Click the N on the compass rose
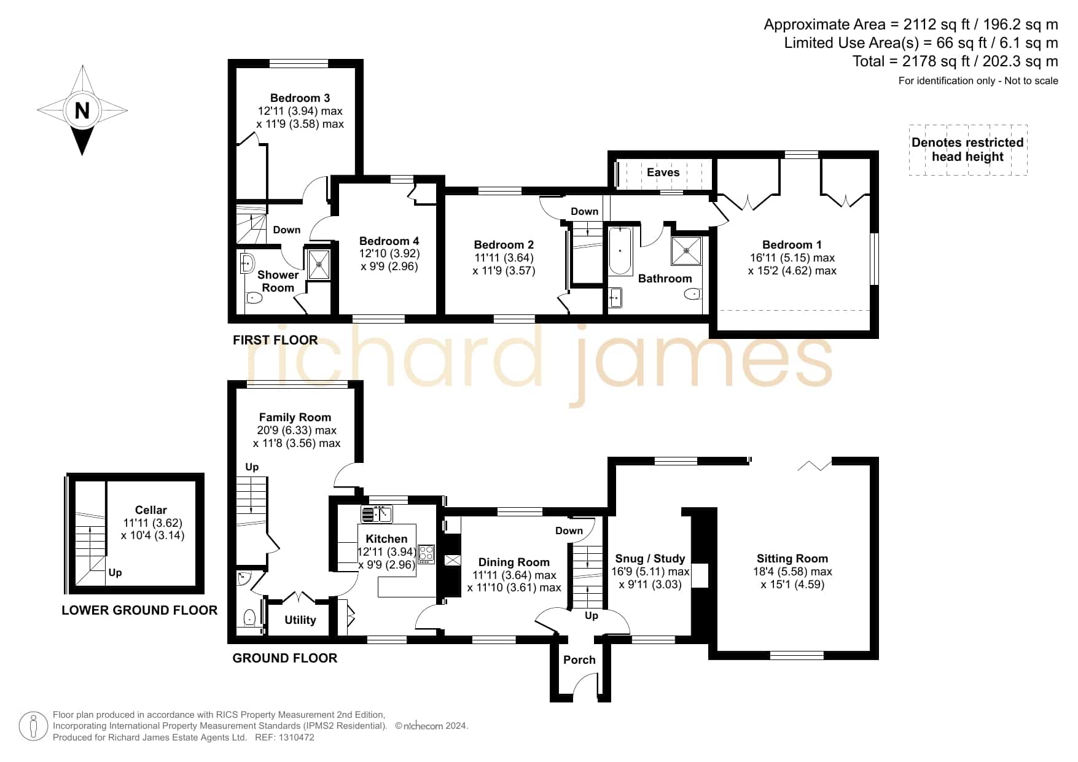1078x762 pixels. click(82, 111)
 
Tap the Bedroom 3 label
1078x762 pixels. click(300, 98)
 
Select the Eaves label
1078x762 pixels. click(663, 173)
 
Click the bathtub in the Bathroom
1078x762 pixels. click(620, 251)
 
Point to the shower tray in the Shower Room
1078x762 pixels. click(318, 264)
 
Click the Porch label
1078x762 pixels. click(579, 660)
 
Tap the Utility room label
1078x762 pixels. click(300, 620)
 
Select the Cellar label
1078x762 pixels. click(150, 510)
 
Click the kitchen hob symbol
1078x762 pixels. click(426, 554)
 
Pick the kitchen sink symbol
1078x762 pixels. click(377, 514)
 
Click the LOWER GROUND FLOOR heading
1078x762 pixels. click(139, 610)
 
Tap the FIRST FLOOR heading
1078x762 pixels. click(275, 340)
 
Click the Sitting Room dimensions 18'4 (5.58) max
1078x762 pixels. click(792, 572)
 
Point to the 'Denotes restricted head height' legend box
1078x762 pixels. click(967, 150)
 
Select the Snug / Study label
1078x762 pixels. click(650, 559)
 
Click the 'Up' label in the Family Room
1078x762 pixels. click(252, 467)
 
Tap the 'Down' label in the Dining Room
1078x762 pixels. click(569, 531)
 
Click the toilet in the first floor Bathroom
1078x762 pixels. click(692, 294)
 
